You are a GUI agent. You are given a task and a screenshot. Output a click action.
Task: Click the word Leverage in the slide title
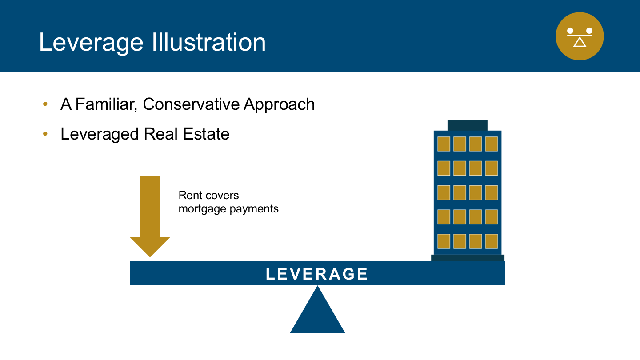91,43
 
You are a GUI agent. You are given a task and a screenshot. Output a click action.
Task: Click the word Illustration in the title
208,42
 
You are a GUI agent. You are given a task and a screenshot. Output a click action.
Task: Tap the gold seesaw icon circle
580,36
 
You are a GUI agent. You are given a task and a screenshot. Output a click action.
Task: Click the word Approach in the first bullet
279,104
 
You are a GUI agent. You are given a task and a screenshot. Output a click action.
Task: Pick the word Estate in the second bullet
206,134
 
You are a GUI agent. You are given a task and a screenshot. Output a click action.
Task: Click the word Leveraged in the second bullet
100,134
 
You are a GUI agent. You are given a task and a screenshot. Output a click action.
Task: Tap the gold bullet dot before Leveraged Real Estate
45,134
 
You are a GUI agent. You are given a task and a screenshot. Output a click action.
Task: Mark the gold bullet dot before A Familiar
45,104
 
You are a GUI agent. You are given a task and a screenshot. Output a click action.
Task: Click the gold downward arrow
150,216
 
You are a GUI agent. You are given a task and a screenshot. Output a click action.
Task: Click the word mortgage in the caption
202,209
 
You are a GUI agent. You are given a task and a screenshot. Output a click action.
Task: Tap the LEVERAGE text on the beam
317,274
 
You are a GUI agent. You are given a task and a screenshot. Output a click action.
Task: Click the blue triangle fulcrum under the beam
317,314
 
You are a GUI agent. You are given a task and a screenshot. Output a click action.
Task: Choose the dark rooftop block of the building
468,125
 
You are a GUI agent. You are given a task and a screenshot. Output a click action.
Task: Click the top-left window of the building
444,144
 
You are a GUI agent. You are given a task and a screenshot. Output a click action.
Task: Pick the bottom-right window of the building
492,241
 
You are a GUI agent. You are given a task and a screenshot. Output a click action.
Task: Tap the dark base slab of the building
468,258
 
